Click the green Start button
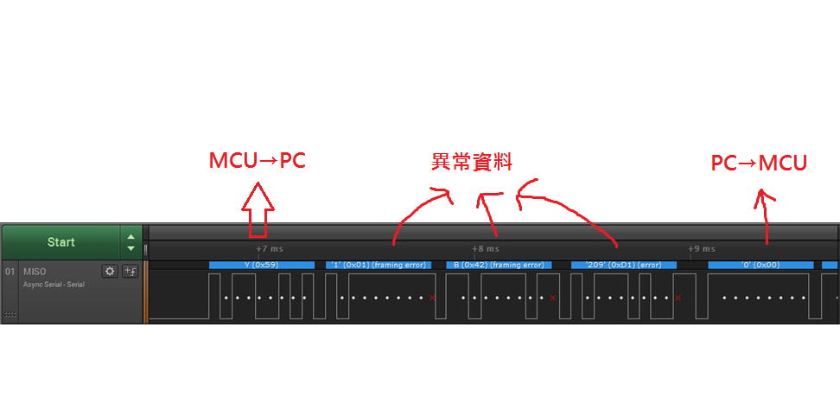(60, 242)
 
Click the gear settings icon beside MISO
(110, 271)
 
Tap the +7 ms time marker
(270, 249)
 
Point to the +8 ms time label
(485, 249)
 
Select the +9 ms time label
(701, 249)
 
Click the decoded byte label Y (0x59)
(261, 265)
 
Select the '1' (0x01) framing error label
(380, 265)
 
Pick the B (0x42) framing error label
(499, 265)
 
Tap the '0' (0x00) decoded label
(760, 265)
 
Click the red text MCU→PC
(257, 161)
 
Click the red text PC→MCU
(759, 163)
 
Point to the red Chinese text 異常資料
(472, 162)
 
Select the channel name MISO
(35, 272)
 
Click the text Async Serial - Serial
(54, 284)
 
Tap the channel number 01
(11, 272)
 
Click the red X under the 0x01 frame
(432, 298)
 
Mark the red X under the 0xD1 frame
(677, 298)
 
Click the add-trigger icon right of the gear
(130, 271)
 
